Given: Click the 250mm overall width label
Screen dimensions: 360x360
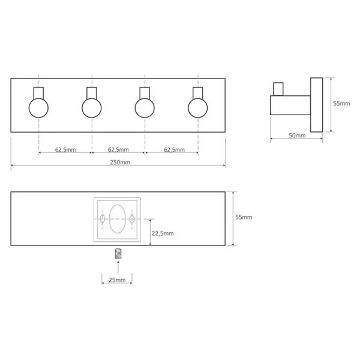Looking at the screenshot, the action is (x=120, y=163).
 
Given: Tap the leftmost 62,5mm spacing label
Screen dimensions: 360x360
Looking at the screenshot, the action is (x=65, y=149).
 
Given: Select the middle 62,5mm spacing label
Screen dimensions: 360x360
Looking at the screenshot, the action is (x=118, y=149).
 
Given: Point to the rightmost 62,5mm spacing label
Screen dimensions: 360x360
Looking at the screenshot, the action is (x=174, y=149).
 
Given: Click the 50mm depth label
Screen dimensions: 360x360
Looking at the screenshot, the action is (x=297, y=136).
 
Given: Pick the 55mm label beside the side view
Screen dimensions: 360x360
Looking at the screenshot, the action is (x=341, y=103).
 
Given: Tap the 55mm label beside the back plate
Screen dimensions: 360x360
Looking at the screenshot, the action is (x=244, y=217).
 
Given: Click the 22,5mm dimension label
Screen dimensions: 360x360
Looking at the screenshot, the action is (x=163, y=233).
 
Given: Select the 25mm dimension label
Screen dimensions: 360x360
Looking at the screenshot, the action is (x=117, y=280).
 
